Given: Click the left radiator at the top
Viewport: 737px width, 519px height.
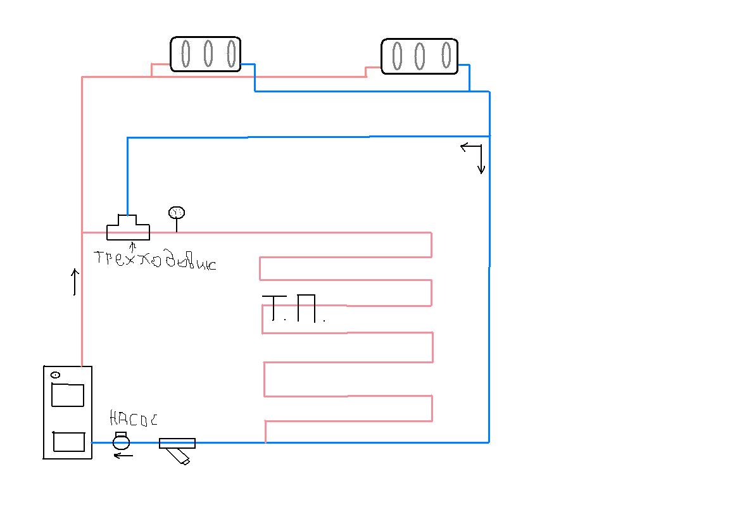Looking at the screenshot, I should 205,54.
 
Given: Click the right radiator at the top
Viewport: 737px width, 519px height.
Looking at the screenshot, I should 419,56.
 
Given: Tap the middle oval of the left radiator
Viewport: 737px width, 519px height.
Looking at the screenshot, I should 208,54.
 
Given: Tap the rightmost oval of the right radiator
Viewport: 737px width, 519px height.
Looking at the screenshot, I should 446,56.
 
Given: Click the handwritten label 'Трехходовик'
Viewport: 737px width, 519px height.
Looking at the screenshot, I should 155,260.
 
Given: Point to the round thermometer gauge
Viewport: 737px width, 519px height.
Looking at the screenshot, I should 176,213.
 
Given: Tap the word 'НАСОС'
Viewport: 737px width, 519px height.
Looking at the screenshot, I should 133,419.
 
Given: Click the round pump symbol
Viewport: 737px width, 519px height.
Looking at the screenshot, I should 121,441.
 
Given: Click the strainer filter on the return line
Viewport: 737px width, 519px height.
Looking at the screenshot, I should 177,447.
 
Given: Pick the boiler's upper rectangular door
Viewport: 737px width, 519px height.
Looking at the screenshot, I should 67,395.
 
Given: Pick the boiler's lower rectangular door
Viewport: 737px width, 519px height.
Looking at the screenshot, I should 68,441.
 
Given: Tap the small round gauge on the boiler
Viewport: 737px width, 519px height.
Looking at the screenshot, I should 55,375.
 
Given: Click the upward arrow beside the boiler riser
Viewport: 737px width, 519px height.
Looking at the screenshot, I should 75,282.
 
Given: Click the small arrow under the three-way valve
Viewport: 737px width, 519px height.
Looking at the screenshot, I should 132,246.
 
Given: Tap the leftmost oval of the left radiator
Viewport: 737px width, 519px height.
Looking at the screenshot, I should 185,54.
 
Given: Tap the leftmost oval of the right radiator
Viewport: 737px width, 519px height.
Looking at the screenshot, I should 397,56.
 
